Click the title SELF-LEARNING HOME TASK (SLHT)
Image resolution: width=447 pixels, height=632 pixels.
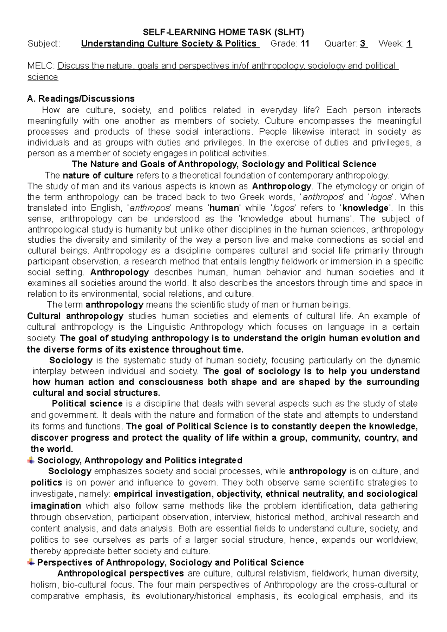pos(223,32)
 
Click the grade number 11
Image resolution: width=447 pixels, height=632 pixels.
pos(305,44)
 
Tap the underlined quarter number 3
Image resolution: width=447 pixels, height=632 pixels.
pos(363,44)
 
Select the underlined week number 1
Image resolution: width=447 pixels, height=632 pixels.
pos(409,44)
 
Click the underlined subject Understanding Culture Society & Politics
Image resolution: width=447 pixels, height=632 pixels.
pos(169,44)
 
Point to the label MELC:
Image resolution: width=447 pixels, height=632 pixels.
pos(41,66)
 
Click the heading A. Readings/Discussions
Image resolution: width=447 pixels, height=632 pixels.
pos(81,99)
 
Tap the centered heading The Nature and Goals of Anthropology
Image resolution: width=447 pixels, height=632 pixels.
pos(223,164)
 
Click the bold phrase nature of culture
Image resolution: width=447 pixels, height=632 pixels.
pos(98,175)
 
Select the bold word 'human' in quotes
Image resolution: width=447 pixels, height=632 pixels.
pos(224,208)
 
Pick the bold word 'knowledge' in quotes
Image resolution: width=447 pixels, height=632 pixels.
pos(365,208)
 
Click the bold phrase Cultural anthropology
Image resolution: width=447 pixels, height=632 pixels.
pos(75,316)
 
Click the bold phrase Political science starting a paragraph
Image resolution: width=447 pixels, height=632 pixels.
pos(87,404)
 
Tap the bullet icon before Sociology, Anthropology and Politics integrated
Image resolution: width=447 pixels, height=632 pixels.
pos(31,460)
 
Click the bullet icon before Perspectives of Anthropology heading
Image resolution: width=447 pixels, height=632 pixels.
pos(31,562)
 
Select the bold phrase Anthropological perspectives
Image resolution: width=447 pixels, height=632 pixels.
pos(120,573)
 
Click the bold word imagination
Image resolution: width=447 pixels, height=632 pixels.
pos(56,506)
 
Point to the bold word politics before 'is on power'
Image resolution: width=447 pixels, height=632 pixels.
pos(46,483)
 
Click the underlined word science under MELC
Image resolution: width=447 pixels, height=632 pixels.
pos(43,77)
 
